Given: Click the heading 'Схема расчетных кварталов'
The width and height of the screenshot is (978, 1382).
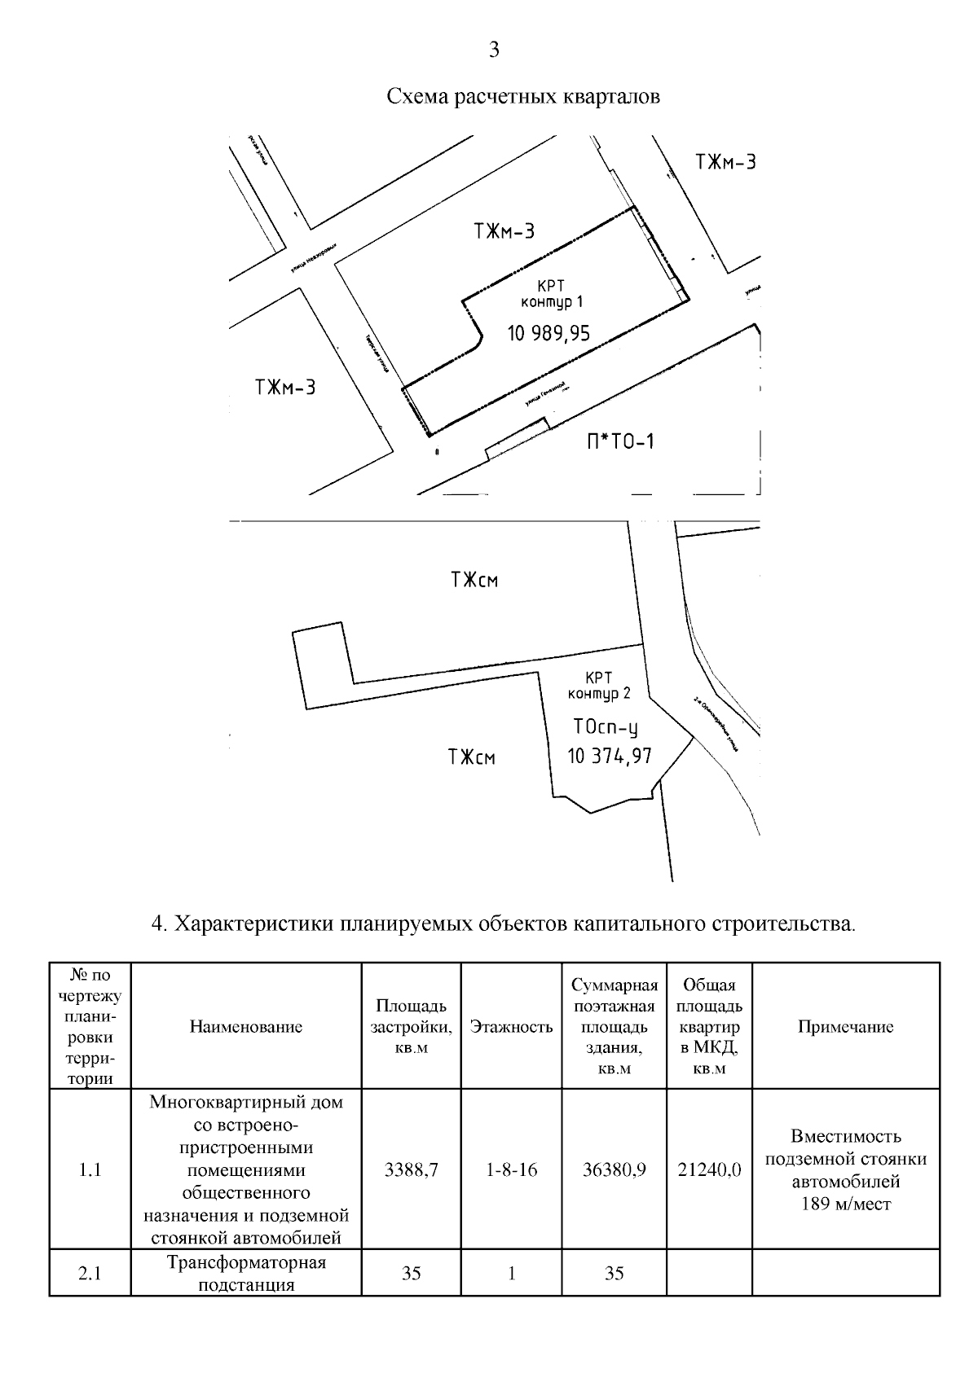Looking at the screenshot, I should coord(522,97).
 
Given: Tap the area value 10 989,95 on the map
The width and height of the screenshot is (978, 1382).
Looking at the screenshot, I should coord(548,333).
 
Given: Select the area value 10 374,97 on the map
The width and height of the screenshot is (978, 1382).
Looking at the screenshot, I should coord(610,757).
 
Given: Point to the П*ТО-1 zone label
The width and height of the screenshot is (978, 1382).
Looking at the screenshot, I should coord(620,442).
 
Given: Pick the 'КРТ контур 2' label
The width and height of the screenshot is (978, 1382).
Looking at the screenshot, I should coord(599,686).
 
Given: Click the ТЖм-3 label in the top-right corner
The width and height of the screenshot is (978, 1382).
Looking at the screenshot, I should coord(725,162).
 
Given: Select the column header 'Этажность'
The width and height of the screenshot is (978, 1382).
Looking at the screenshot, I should coord(511,1027).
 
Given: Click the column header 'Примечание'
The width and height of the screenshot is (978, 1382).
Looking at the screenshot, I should coord(845,1027).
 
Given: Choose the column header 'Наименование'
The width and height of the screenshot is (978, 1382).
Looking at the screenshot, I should coord(246,1027).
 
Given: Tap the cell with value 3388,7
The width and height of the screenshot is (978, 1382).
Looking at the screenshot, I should coord(412,1170).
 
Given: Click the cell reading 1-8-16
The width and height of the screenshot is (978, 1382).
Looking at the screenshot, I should coord(511,1170).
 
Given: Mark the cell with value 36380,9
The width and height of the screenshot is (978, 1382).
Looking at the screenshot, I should coord(615,1170).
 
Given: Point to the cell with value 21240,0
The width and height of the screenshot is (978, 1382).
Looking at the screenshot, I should coord(709,1170).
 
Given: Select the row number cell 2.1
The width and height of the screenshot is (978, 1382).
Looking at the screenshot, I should coord(90,1274).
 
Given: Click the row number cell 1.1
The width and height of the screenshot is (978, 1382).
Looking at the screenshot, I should coord(90,1170).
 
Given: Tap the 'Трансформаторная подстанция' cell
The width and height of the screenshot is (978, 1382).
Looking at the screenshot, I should coord(246,1274).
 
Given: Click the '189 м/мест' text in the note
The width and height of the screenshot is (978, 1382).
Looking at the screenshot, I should coord(846,1204).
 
